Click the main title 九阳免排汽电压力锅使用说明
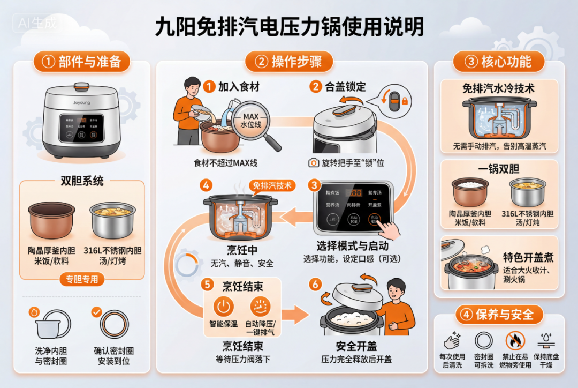point(289,26)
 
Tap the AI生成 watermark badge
point(37,23)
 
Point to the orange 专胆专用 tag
point(82,279)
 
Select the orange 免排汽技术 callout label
point(272,185)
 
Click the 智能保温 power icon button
point(224,307)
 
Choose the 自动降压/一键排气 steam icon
point(260,307)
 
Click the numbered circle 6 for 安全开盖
point(315,284)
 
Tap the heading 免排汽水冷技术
point(498,88)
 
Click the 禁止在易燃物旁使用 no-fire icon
point(515,340)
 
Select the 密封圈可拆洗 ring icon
point(484,340)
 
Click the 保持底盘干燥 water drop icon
point(546,340)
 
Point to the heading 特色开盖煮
point(528,257)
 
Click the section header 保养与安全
point(498,314)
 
